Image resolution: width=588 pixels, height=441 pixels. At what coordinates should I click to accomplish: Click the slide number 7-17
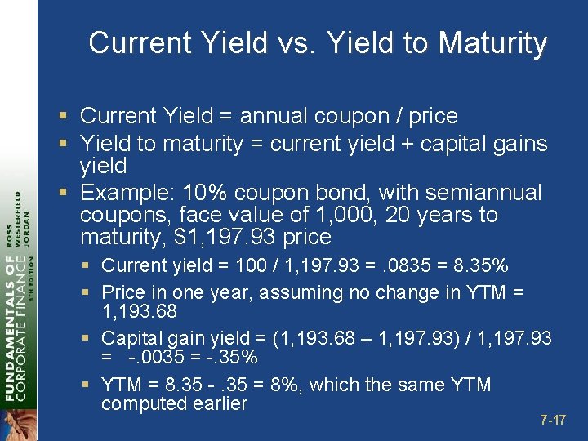552,421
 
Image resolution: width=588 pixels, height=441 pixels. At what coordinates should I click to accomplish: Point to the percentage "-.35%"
229,358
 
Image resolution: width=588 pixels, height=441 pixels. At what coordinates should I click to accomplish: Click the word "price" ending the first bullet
432,117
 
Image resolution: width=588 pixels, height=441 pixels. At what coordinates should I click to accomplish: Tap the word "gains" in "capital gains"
513,145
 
